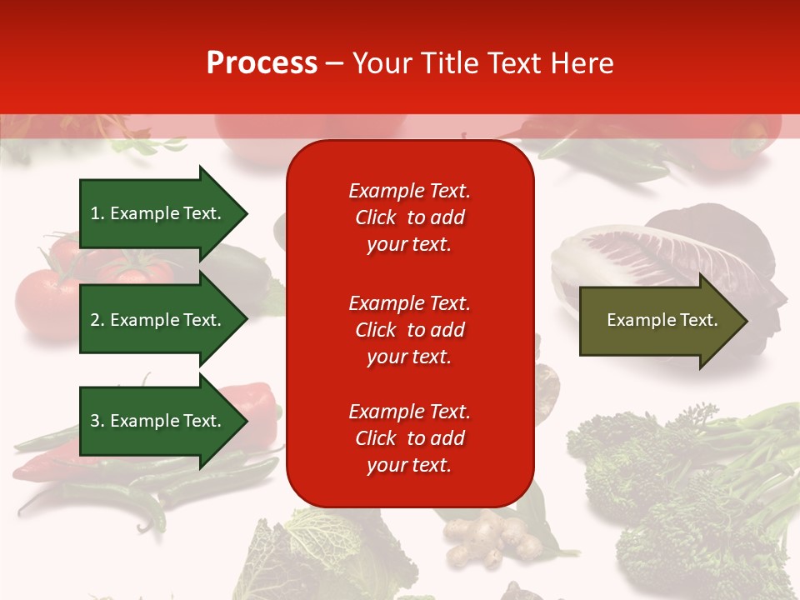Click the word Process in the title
point(262,63)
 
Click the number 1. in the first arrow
point(97,213)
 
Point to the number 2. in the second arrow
point(97,320)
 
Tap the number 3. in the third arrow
point(97,421)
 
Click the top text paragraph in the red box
point(409,217)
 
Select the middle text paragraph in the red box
point(409,330)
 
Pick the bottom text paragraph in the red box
point(409,438)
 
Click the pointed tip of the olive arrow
point(745,321)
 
